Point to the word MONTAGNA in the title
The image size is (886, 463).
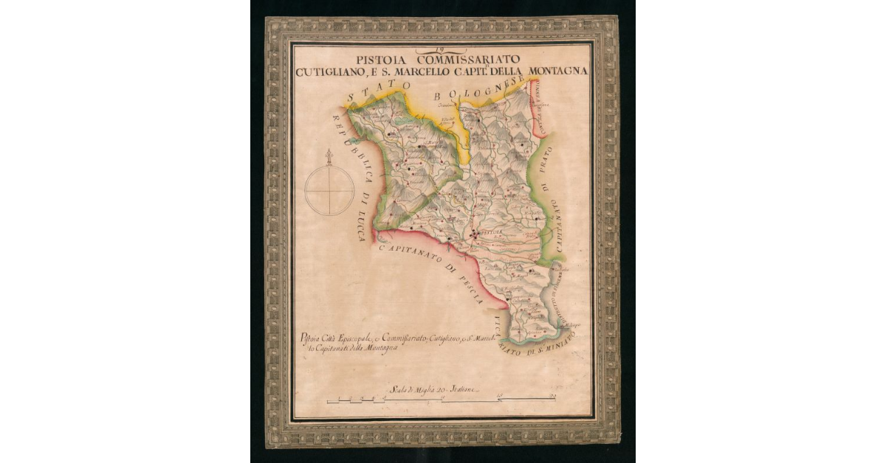(x=555, y=72)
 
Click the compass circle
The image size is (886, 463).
(x=329, y=190)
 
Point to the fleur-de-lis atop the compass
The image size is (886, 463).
(x=329, y=156)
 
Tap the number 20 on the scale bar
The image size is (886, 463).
(x=552, y=397)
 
